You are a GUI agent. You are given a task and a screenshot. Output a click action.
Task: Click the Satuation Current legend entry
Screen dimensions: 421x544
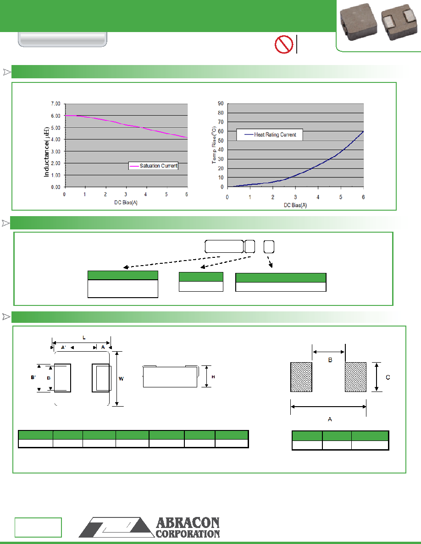(153, 166)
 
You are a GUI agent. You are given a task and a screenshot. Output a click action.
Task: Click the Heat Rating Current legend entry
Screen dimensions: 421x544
(270, 135)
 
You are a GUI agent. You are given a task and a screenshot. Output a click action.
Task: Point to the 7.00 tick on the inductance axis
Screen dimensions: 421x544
(55, 104)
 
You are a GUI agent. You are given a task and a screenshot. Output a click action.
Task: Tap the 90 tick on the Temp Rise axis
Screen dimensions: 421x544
(221, 103)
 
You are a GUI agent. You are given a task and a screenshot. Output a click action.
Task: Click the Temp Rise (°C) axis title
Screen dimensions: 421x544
(214, 145)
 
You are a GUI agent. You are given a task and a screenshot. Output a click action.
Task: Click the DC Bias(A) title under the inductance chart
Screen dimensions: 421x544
(126, 202)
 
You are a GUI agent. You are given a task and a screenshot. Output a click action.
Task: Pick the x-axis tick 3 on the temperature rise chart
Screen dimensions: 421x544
(295, 197)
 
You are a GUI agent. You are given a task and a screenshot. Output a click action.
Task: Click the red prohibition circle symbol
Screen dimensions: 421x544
(284, 44)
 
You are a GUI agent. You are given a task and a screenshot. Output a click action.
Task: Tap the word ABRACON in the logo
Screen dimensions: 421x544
(188, 523)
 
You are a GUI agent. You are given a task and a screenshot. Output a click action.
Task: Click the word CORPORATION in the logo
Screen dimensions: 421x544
(188, 533)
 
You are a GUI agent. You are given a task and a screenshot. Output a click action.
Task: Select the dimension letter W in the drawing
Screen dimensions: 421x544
(121, 379)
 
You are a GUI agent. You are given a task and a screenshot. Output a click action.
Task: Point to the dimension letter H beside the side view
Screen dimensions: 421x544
(213, 377)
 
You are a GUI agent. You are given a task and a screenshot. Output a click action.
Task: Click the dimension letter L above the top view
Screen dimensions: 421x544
(84, 337)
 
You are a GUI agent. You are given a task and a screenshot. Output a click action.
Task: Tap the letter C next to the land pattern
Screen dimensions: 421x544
(388, 377)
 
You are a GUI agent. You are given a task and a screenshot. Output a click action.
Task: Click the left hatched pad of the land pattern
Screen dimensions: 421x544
(301, 377)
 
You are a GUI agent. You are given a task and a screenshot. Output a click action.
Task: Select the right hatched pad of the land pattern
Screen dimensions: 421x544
(356, 377)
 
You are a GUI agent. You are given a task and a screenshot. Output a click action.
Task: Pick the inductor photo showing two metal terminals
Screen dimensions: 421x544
(399, 22)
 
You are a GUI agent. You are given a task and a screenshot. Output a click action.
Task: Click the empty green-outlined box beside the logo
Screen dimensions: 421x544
(38, 528)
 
